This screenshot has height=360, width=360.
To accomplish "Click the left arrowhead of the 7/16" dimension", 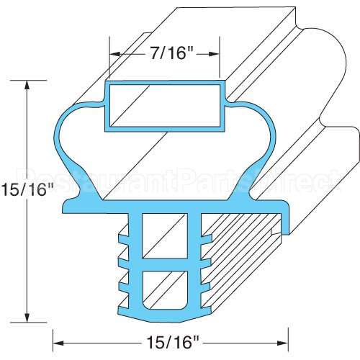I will [114, 53].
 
